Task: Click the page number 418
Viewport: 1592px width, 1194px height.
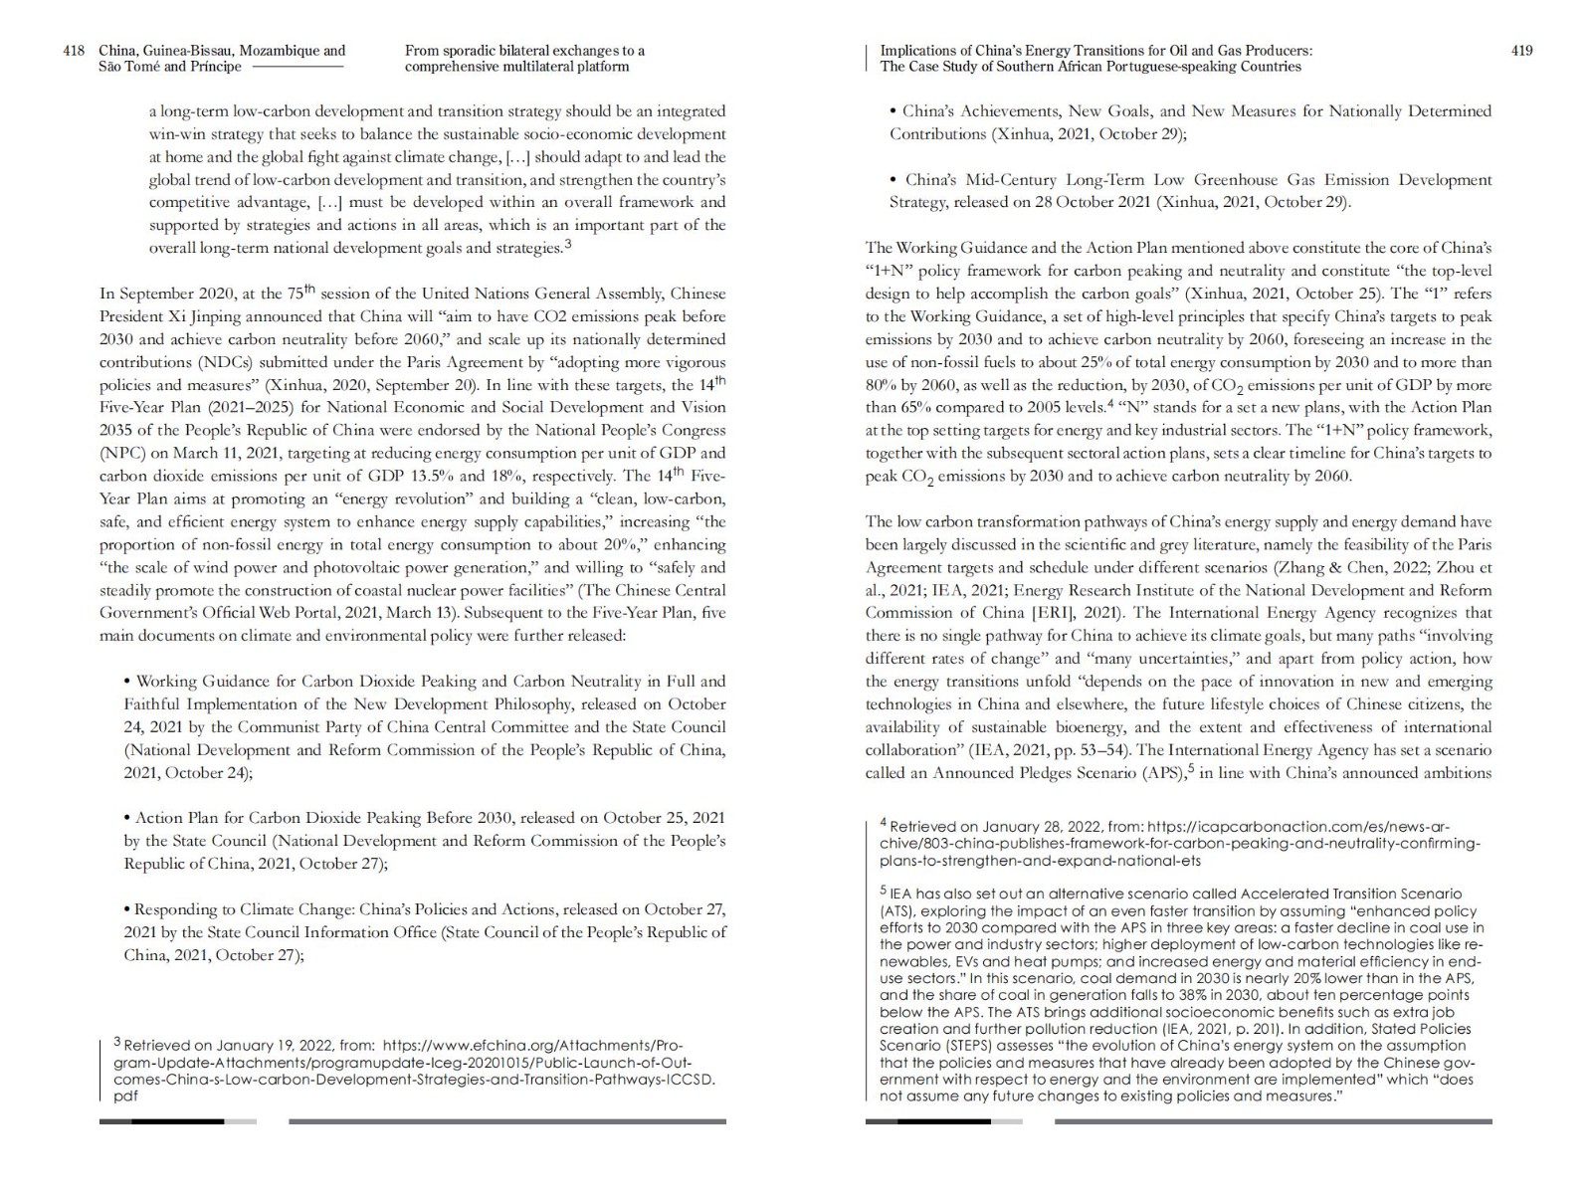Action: click(74, 51)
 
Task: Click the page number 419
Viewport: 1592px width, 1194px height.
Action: click(1521, 51)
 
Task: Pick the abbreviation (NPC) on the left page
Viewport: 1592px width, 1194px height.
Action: click(122, 453)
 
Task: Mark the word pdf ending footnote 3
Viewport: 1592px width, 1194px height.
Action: click(125, 1095)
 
